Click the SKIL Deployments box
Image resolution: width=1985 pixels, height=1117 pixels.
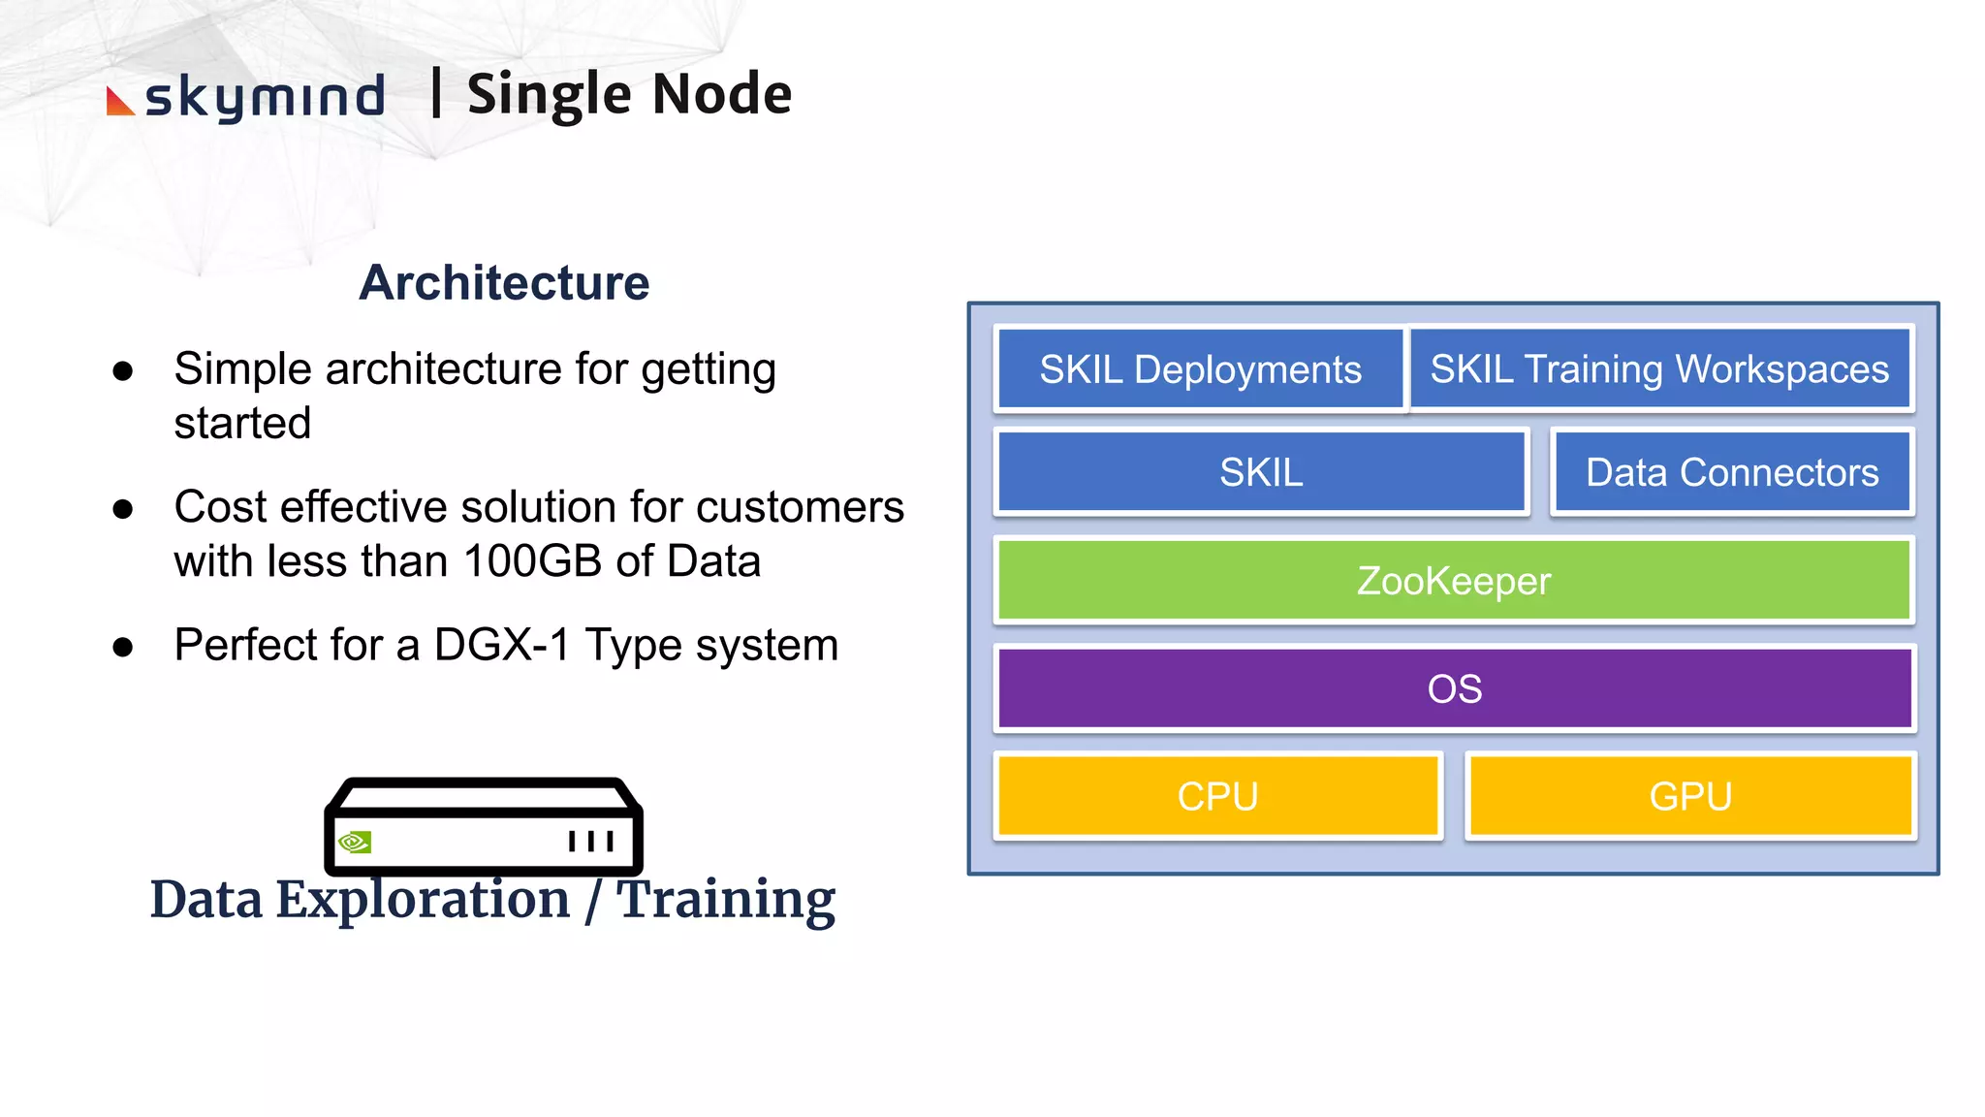(1200, 369)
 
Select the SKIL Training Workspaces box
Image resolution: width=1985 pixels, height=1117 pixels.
(1659, 369)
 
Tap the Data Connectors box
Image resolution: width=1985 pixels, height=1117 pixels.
(1732, 472)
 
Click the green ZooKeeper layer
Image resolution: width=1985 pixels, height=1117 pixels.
(1454, 581)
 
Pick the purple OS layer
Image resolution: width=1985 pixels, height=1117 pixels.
(1454, 688)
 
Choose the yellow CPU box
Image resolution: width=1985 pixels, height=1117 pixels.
(1217, 796)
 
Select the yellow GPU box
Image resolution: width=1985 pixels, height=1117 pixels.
(1690, 796)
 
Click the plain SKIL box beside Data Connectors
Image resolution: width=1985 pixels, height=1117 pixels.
(1261, 472)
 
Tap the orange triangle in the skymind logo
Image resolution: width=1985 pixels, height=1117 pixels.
(118, 102)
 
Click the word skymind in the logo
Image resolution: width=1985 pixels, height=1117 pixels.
(265, 98)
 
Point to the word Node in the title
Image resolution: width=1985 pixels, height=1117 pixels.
(722, 94)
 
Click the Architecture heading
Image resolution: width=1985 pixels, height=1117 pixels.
(504, 283)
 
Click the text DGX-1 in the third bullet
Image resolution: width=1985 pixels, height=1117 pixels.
(502, 645)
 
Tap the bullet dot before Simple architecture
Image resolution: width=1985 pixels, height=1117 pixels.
(123, 371)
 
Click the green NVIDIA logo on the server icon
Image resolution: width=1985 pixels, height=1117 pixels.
(355, 842)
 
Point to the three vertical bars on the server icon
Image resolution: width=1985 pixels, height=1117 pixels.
(591, 841)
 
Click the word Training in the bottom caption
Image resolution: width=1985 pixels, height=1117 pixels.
(725, 900)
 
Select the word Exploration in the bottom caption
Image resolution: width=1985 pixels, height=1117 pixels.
(424, 900)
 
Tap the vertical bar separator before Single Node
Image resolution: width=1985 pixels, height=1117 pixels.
(436, 93)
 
